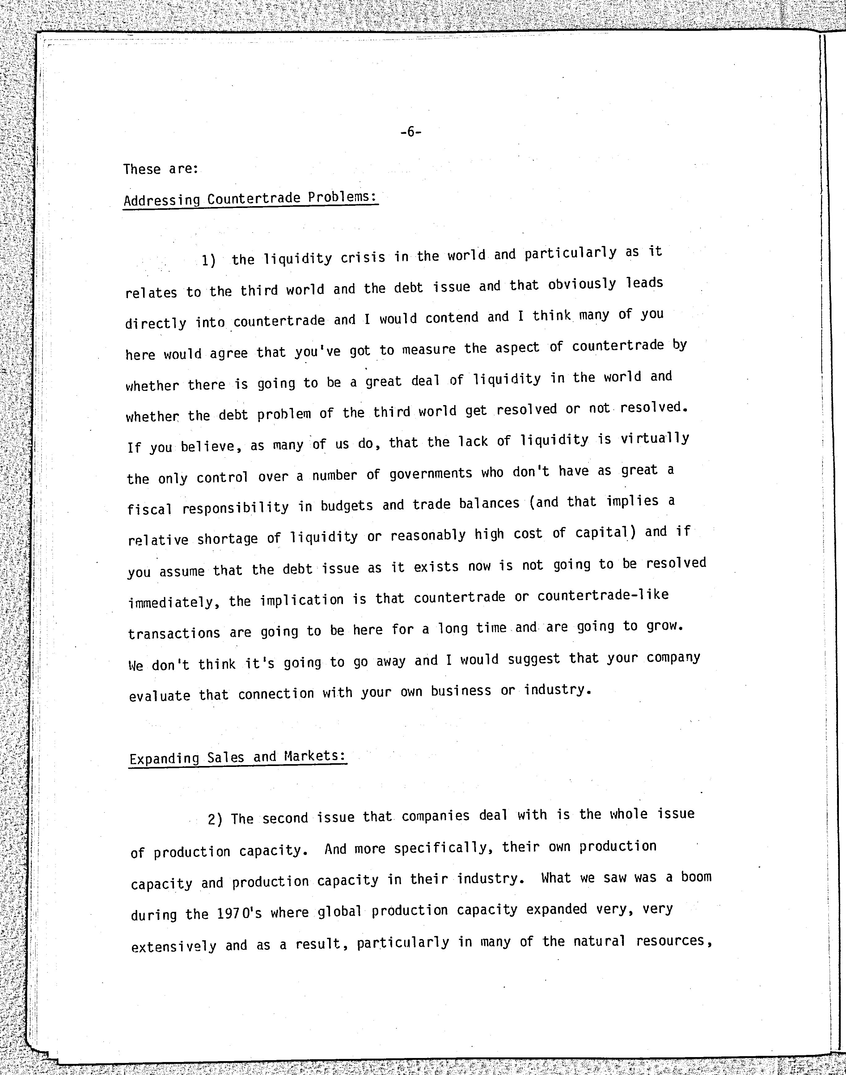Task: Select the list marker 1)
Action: (209, 260)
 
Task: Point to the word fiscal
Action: (150, 509)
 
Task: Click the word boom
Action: (696, 877)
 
